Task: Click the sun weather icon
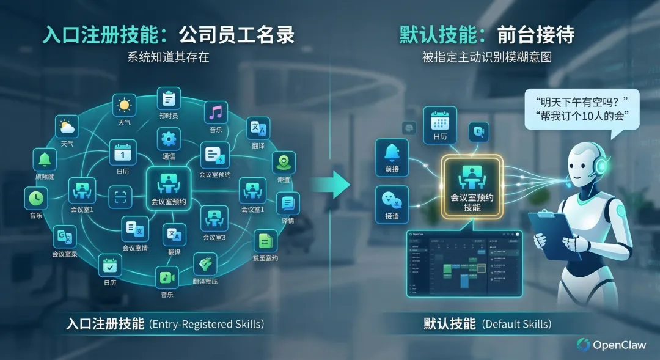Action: (125, 105)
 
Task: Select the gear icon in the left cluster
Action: (169, 139)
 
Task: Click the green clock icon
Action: (36, 198)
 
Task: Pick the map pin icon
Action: (284, 163)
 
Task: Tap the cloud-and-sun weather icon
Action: (67, 127)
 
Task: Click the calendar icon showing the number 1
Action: (122, 152)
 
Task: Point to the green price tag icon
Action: (205, 264)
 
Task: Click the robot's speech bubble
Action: (581, 108)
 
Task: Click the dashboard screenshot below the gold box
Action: (464, 263)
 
